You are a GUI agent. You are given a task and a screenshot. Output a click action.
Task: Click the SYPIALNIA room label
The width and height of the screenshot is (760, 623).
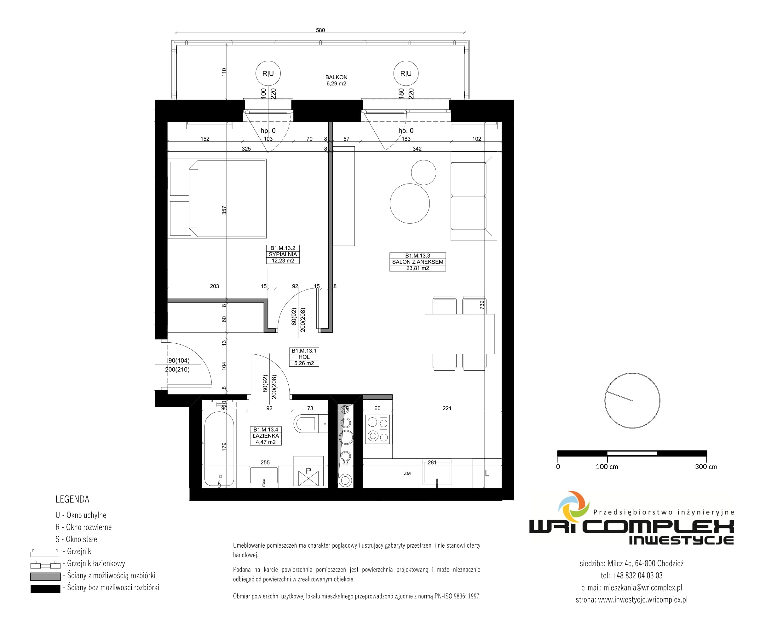point(283,254)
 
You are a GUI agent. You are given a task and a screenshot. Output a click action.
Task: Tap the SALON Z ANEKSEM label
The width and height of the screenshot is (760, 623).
point(417,262)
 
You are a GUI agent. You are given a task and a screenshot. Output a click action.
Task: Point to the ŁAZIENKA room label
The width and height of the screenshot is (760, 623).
point(265,436)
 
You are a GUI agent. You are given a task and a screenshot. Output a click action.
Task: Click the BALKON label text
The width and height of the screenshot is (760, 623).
point(336,77)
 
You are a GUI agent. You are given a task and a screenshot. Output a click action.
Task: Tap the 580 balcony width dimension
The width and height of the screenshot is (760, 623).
point(320,30)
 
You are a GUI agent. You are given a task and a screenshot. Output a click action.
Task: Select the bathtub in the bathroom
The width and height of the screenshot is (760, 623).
point(219,449)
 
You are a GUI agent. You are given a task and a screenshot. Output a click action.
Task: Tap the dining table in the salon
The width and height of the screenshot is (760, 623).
point(459,334)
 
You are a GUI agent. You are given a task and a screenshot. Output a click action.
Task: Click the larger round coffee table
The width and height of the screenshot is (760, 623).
point(410,203)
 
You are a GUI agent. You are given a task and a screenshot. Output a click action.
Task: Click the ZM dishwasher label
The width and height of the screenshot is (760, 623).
point(407,473)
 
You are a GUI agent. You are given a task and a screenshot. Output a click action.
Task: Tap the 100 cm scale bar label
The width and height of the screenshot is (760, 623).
point(607,467)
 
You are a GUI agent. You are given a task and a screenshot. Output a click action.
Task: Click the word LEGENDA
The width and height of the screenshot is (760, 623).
point(72,499)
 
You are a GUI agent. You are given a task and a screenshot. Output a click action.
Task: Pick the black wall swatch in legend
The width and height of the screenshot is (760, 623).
point(45,589)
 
